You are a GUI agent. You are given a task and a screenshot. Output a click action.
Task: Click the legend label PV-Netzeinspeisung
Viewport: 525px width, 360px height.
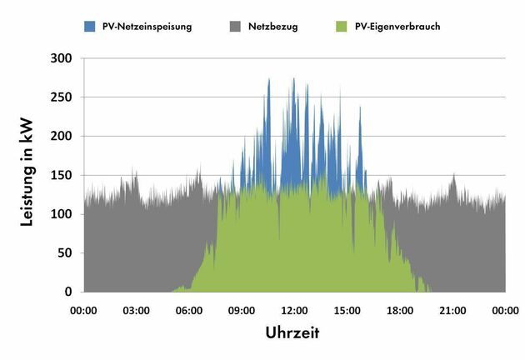[147, 27]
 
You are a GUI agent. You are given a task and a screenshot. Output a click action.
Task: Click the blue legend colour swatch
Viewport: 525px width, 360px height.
[90, 27]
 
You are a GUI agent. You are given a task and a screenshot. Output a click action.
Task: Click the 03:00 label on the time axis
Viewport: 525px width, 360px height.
[137, 311]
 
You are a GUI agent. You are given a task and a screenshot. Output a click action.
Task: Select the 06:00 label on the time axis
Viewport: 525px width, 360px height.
[189, 311]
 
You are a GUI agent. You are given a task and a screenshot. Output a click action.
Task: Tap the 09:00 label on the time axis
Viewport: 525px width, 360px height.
[242, 311]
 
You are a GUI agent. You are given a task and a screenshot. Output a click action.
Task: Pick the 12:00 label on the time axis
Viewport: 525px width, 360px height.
[295, 311]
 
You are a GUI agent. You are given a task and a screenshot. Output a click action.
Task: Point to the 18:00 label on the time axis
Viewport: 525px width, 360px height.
[400, 311]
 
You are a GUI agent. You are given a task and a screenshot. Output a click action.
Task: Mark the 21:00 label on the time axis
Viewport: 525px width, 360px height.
[452, 311]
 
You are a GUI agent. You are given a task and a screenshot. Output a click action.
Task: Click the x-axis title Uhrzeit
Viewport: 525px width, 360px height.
[292, 332]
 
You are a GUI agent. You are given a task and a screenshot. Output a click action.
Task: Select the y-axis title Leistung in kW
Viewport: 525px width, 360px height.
[27, 176]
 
